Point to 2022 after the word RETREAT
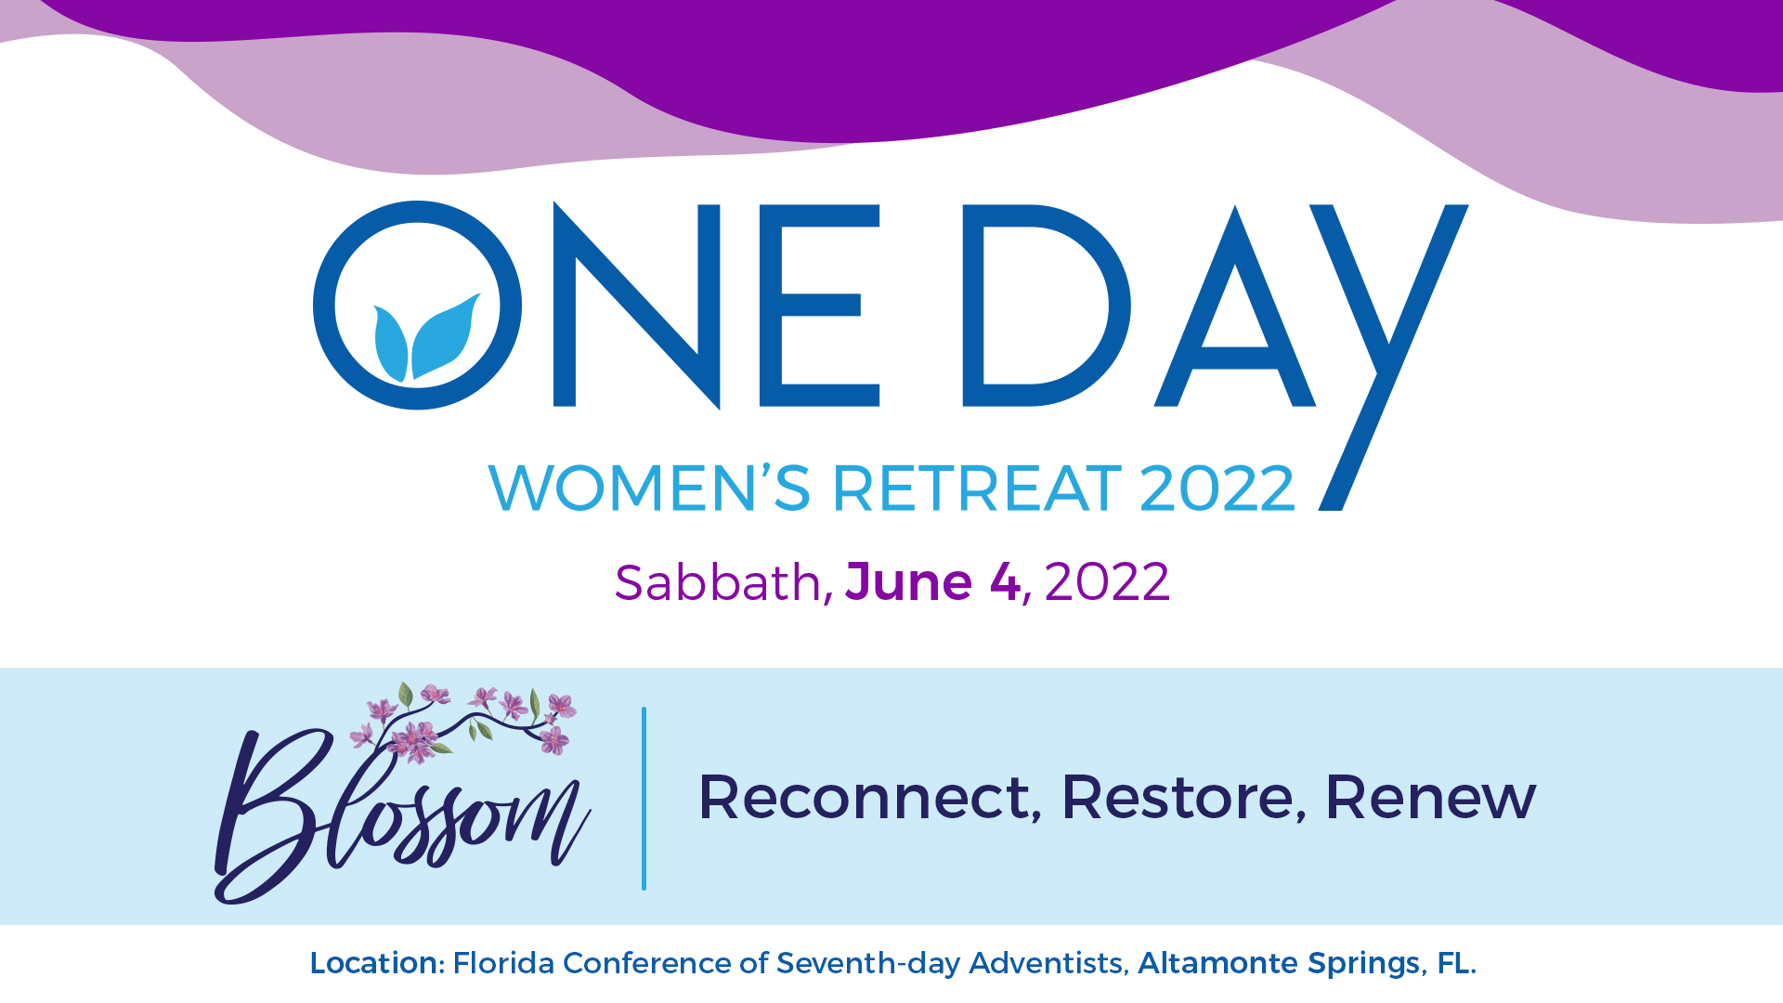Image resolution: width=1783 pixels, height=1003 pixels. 1217,488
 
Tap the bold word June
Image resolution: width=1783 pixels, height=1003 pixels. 908,582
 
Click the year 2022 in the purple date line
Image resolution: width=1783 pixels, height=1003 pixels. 1107,582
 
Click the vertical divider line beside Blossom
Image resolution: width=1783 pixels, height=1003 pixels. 644,799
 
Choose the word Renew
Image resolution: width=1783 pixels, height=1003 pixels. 1430,797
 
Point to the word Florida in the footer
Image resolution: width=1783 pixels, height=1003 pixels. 503,963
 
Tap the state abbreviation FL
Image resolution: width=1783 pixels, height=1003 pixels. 1453,963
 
